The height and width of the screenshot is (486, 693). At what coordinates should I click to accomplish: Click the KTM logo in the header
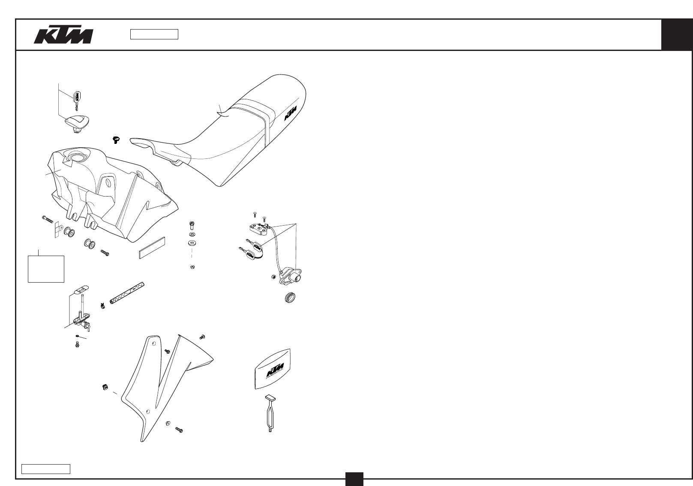point(63,36)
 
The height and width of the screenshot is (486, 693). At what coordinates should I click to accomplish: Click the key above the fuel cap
point(77,98)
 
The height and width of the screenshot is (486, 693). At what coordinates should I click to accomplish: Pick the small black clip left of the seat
point(116,139)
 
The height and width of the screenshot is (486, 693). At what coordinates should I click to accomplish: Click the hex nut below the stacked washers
point(192,267)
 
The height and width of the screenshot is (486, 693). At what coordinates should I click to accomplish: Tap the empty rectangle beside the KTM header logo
point(154,34)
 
